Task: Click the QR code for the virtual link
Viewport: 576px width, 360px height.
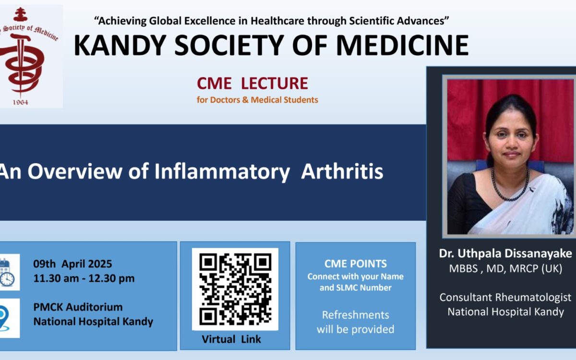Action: [x=235, y=289]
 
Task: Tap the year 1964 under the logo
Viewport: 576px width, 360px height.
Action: [x=21, y=102]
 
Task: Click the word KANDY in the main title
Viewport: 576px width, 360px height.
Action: [x=120, y=45]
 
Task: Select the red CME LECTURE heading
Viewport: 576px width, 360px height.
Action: [x=252, y=83]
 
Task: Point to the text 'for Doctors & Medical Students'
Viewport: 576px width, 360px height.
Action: [x=257, y=100]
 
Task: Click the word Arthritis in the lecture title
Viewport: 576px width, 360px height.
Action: [x=342, y=171]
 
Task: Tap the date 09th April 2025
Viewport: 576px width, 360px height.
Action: [x=73, y=264]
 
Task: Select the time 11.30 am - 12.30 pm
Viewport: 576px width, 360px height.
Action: [x=84, y=278]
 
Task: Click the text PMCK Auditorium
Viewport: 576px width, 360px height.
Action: [x=78, y=307]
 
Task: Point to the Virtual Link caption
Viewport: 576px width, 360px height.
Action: [x=231, y=339]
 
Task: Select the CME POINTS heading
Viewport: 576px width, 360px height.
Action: [x=356, y=264]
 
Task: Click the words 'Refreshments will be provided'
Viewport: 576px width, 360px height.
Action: [x=356, y=322]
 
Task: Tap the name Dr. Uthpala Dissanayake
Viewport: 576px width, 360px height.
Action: [x=505, y=253]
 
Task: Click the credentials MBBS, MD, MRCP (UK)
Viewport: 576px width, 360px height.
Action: [x=505, y=268]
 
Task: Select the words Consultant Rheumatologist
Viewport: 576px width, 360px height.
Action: [x=505, y=298]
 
